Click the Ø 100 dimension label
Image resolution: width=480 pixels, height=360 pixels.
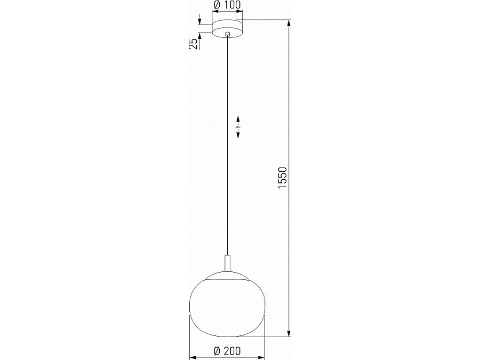point(227,5)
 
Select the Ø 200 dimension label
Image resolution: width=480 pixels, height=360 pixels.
point(227,350)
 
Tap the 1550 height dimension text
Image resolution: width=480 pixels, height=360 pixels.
point(283,178)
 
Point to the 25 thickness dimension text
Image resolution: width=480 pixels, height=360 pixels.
point(193,44)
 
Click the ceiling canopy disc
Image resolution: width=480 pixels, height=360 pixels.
point(227,28)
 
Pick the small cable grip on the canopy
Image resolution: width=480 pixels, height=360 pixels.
point(227,34)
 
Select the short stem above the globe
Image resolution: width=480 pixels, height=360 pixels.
point(227,263)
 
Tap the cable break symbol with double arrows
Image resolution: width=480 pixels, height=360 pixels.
point(238,127)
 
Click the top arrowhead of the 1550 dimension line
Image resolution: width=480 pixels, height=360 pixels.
point(289,23)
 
